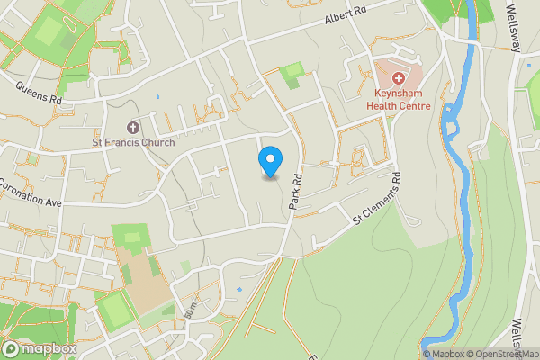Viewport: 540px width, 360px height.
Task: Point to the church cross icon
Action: click(x=134, y=127)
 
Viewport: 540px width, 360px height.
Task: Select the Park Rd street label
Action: click(x=294, y=193)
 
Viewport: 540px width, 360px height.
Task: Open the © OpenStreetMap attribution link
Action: click(x=504, y=354)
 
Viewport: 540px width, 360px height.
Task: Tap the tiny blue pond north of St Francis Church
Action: click(x=157, y=95)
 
